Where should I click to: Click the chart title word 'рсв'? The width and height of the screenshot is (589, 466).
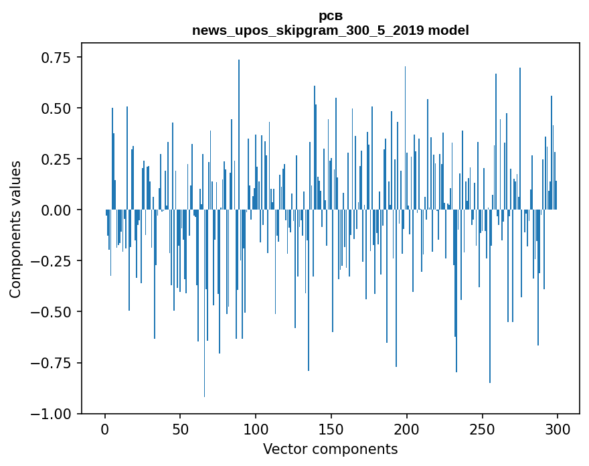331,16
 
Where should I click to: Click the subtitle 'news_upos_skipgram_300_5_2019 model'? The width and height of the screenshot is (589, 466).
331,30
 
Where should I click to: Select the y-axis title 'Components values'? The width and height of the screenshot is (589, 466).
15,229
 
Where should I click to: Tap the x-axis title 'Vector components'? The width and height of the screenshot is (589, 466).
331,449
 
